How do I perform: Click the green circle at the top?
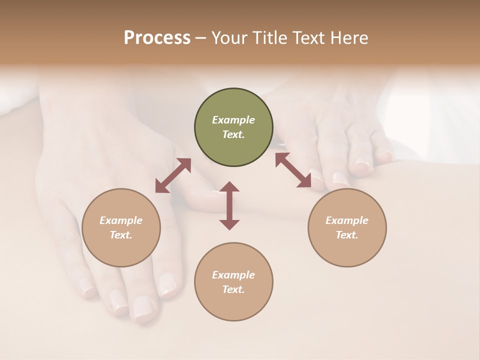pos(233,127)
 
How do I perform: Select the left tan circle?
pos(121,228)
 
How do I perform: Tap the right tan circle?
pos(347,228)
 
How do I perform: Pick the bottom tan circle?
pos(233,282)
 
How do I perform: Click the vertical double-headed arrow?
pos(229,205)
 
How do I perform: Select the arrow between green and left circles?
pos(173,175)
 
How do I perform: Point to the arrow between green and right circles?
pos(293,170)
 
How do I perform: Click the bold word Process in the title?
pos(157,37)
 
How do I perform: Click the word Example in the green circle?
pos(233,120)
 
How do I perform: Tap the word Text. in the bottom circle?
pos(233,289)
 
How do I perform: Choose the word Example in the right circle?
pos(347,220)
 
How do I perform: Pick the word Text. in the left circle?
pos(121,235)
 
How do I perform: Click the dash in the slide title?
pos(201,38)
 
